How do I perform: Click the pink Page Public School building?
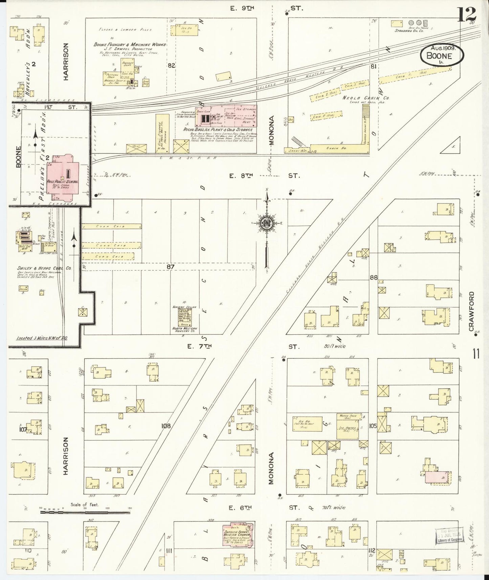pos(63,178)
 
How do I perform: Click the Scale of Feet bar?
pos(85,512)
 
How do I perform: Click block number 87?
pos(170,267)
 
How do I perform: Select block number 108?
pos(166,426)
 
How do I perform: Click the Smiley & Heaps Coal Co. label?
pos(44,268)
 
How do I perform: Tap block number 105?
pos(373,426)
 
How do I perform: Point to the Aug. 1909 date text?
pos(443,48)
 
